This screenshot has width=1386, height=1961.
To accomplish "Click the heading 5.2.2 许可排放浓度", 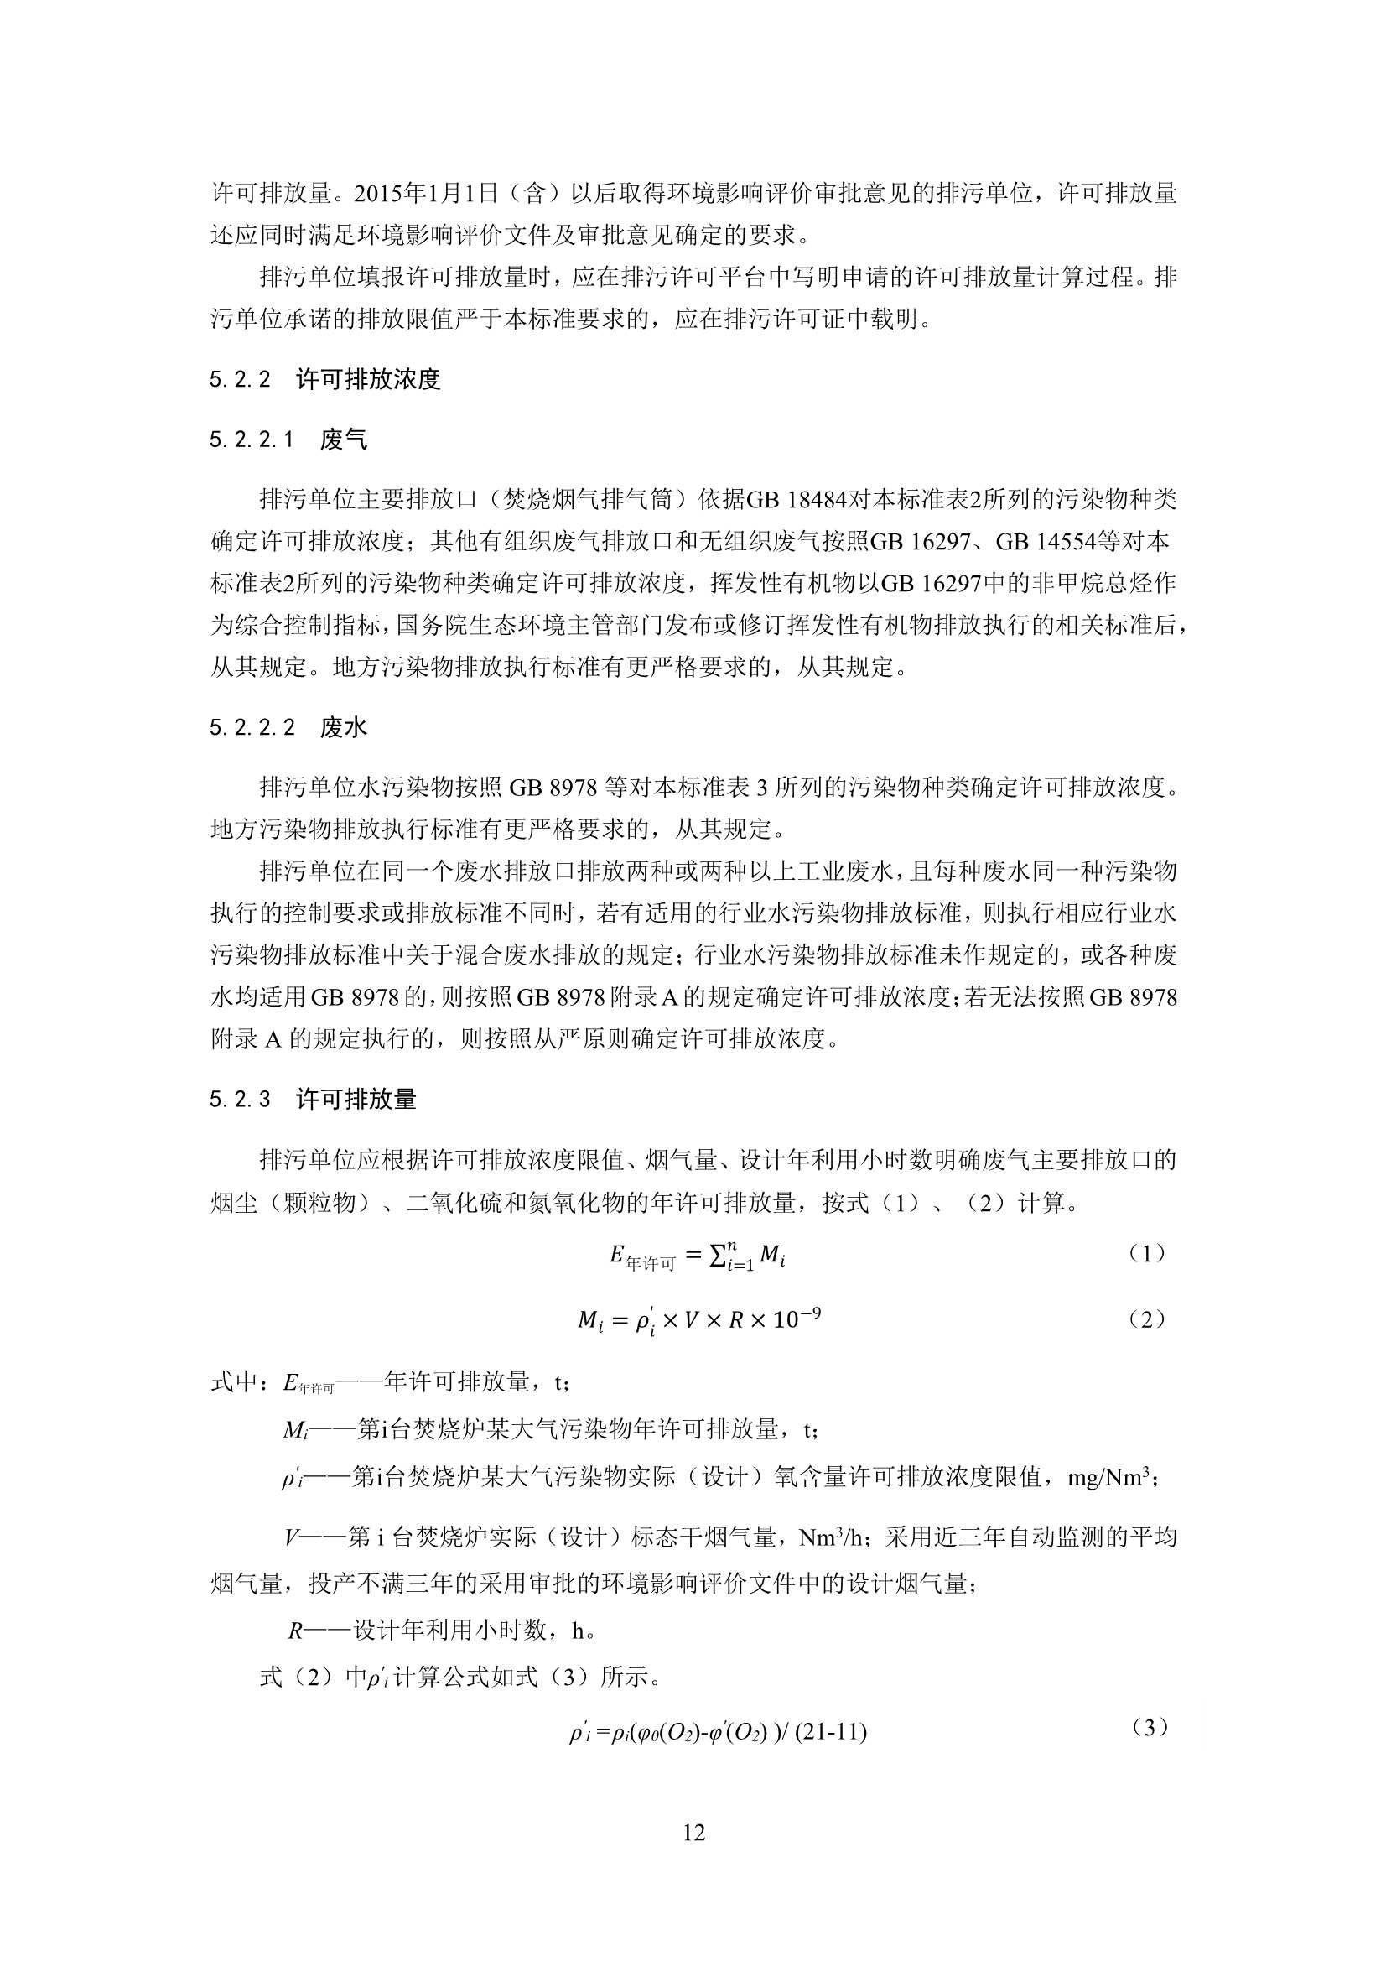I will (324, 379).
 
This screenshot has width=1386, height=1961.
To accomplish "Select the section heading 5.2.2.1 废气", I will (288, 440).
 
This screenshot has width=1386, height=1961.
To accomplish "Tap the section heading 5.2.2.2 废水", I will (288, 727).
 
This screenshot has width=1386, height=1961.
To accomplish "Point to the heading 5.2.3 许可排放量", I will (313, 1100).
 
